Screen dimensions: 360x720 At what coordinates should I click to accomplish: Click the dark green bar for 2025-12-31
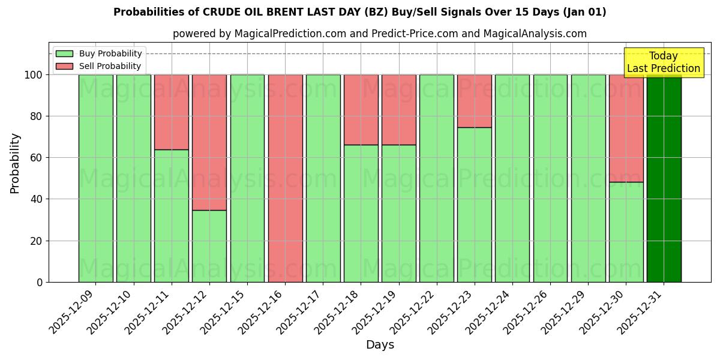664,178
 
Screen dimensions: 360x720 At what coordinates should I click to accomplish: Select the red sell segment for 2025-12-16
285,178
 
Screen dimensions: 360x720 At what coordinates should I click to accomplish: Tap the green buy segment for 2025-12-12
209,246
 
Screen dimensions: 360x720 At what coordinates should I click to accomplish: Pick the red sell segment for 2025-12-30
626,128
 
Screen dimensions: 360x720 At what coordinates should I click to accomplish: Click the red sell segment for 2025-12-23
475,101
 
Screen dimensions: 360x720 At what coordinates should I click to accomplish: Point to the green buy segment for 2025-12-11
172,216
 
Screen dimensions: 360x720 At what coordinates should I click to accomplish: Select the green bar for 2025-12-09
95,178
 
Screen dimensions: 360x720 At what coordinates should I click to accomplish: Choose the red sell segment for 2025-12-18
361,110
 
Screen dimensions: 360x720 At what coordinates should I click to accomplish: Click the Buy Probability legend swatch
64,53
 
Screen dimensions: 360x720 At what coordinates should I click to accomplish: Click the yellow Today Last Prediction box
663,62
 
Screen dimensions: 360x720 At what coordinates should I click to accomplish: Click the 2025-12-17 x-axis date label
300,311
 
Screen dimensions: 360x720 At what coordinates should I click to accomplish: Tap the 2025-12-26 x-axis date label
527,311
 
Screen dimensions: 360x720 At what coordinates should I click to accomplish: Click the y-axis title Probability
15,163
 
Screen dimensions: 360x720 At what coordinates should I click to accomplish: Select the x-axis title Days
380,345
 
